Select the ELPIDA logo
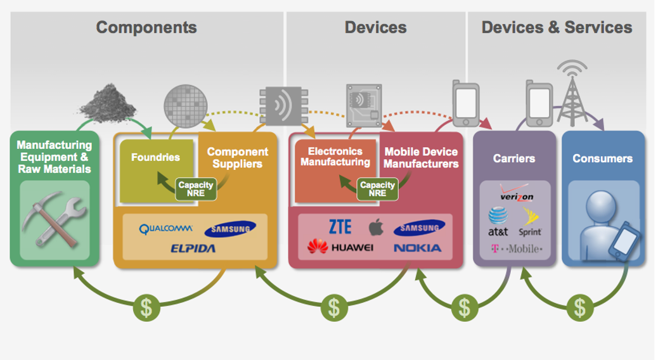pyautogui.click(x=193, y=248)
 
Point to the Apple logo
pyautogui.click(x=376, y=228)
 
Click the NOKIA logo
pyautogui.click(x=417, y=248)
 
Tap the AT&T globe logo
pyautogui.click(x=498, y=217)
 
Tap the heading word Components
pyautogui.click(x=146, y=28)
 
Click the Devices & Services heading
pyautogui.click(x=557, y=27)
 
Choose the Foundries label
pyautogui.click(x=155, y=157)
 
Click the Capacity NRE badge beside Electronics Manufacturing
pyautogui.click(x=377, y=189)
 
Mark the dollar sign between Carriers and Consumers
pyautogui.click(x=579, y=307)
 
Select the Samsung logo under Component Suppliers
pyautogui.click(x=230, y=229)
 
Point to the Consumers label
pyautogui.click(x=602, y=158)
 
